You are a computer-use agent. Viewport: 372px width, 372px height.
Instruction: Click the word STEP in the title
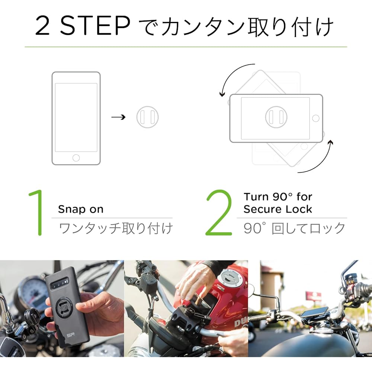coord(94,26)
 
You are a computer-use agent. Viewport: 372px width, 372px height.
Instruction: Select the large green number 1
coord(38,213)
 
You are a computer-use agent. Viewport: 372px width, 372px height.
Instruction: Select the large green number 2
coord(219,213)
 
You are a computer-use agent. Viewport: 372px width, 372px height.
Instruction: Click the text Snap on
coord(81,209)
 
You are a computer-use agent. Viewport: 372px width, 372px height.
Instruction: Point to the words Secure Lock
coord(278,209)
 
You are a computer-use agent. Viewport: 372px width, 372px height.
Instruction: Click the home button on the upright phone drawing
coord(76,157)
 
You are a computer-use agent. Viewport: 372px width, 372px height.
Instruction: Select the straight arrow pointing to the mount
coord(118,118)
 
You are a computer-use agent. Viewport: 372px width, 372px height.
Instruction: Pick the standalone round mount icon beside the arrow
coord(147,118)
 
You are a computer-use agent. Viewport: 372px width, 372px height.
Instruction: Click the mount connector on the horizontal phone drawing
coord(276,118)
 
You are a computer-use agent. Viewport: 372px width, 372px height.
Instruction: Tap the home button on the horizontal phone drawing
coord(316,118)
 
